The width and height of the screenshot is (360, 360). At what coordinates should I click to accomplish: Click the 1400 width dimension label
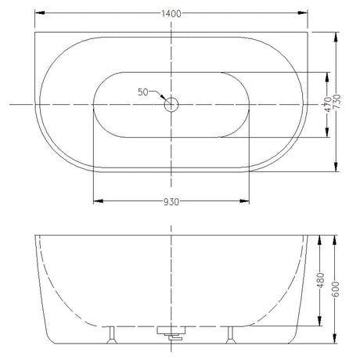[171, 13]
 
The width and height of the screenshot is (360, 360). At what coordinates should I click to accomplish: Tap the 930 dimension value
[171, 202]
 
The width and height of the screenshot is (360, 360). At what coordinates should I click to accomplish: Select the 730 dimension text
[337, 102]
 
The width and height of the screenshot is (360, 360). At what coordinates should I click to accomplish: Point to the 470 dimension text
[328, 104]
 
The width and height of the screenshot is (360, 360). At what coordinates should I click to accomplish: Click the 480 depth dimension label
[321, 280]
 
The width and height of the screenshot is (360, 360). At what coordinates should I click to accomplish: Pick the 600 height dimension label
[336, 289]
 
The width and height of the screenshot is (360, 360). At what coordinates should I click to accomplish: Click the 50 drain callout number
[143, 92]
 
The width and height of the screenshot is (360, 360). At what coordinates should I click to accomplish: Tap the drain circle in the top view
[171, 104]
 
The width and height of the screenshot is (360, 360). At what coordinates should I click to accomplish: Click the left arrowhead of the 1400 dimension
[40, 13]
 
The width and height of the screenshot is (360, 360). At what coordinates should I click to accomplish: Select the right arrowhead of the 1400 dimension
[303, 13]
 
